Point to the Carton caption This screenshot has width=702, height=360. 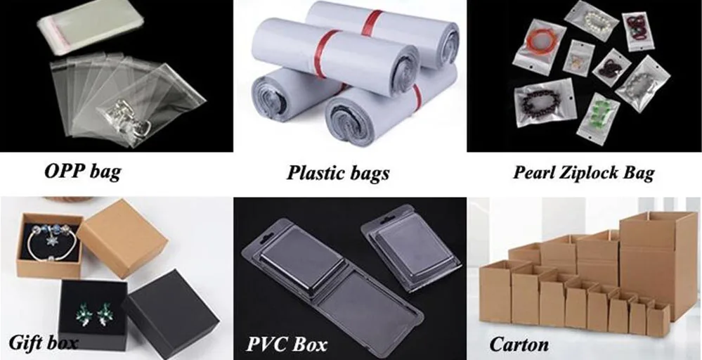click(x=519, y=345)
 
